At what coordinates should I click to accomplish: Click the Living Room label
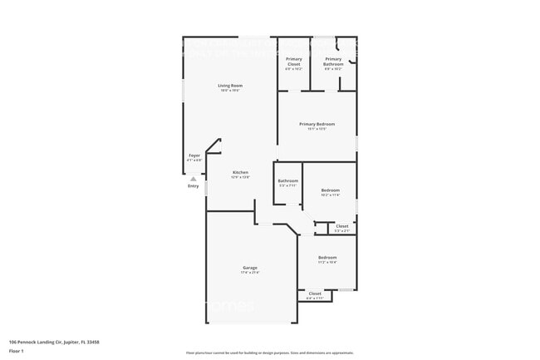(x=230, y=86)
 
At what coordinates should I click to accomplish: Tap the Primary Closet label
(x=294, y=59)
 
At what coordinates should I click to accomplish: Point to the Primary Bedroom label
(x=317, y=124)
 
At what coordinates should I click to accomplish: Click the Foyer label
(x=194, y=155)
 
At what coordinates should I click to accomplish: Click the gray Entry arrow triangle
(x=194, y=178)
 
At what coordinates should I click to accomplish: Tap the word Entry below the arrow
(x=194, y=185)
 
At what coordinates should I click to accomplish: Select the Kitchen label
(x=240, y=172)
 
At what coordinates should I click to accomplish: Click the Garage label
(x=250, y=267)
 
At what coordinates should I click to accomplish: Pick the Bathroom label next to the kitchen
(x=288, y=180)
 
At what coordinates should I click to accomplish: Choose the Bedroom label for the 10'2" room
(x=331, y=190)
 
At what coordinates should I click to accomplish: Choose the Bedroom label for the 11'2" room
(x=327, y=257)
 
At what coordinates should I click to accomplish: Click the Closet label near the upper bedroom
(x=342, y=225)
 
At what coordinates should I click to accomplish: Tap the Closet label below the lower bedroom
(x=315, y=293)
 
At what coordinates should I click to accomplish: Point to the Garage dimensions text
(x=250, y=272)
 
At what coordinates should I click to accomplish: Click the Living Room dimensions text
(x=230, y=91)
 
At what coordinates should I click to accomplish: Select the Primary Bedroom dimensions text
(x=317, y=129)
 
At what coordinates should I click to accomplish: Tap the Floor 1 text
(x=17, y=351)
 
